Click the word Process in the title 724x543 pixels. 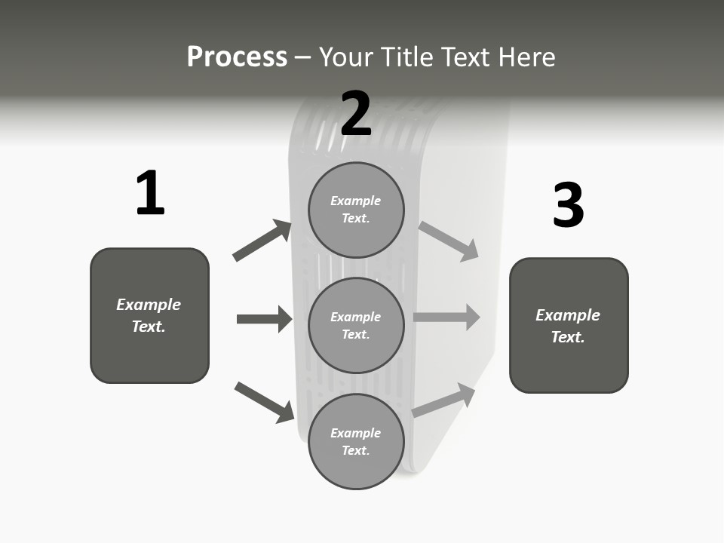coord(237,57)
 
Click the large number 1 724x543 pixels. coord(149,194)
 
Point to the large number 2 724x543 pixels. coord(356,114)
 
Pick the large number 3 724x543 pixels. coord(568,206)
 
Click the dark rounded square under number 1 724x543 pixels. coord(149,315)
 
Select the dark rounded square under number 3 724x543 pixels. coord(569,325)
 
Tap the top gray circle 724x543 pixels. coord(356,210)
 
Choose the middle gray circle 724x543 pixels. coord(356,325)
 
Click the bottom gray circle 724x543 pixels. coord(356,441)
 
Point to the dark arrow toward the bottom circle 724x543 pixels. coord(264,402)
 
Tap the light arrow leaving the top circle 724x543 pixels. coord(449,241)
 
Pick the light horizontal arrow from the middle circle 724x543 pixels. coord(446,317)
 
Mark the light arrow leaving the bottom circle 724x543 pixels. coord(444,400)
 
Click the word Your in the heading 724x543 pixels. coord(346,57)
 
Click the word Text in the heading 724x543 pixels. coord(463,57)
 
